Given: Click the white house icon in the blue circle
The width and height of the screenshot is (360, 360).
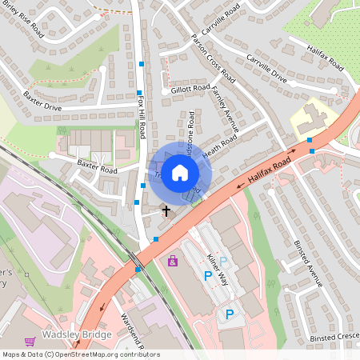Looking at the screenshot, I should [180, 172].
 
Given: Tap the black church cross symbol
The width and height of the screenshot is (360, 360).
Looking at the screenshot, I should [166, 211].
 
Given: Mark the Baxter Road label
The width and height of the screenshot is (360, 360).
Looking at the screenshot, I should [97, 170].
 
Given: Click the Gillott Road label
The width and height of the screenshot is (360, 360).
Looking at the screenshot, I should [190, 90].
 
